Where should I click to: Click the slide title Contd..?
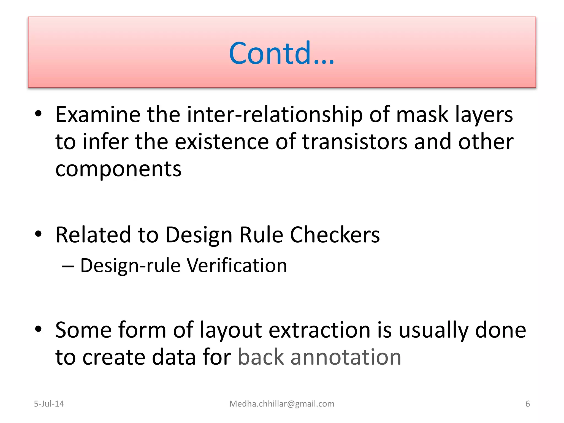(281, 53)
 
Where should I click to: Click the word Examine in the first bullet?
(98, 114)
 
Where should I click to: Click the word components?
(118, 169)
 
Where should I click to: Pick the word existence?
(222, 142)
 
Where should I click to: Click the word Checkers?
(335, 235)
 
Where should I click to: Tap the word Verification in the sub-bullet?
(237, 265)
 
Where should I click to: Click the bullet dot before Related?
(38, 234)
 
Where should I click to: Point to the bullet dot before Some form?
(38, 329)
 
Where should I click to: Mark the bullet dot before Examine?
(38, 113)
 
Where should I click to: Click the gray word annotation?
(346, 357)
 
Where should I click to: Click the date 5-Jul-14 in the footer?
(49, 404)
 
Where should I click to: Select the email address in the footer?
(282, 404)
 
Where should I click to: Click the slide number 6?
(527, 404)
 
